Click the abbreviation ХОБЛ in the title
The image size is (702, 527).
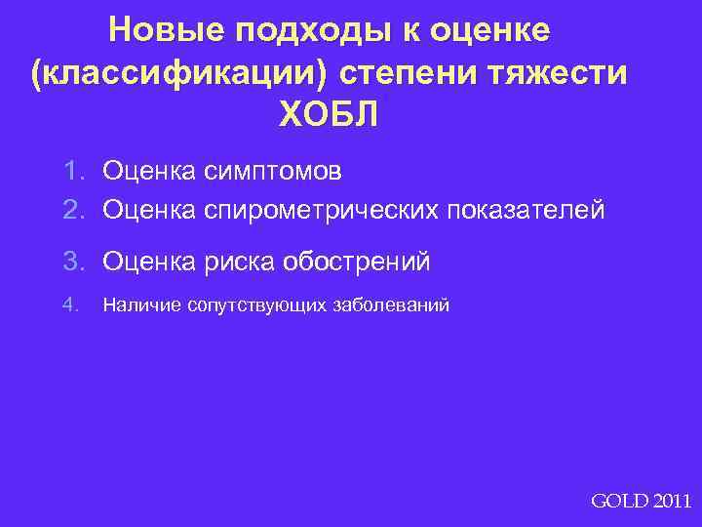[329, 116]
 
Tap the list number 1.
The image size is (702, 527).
[74, 173]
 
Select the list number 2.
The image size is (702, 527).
[74, 208]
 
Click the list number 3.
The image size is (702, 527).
[74, 262]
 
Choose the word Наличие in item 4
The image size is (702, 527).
[133, 305]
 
